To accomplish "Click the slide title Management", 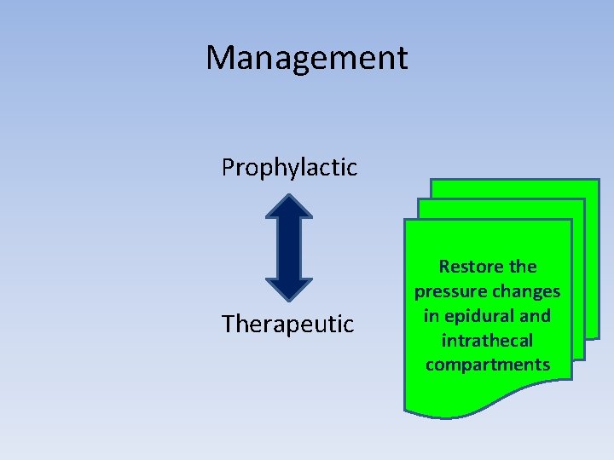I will (307, 58).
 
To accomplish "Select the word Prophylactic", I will (289, 168).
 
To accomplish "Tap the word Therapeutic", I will (287, 325).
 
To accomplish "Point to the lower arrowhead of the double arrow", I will (289, 288).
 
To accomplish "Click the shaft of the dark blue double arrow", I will (289, 248).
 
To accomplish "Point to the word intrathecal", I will (487, 341).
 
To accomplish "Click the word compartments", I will (487, 365).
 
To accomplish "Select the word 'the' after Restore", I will (521, 267).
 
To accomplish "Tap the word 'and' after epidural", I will (535, 316).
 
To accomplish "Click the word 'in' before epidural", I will (432, 316).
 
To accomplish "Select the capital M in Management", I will (221, 58).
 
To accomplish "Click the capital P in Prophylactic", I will (228, 168).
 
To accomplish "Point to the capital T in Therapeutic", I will (227, 325).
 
